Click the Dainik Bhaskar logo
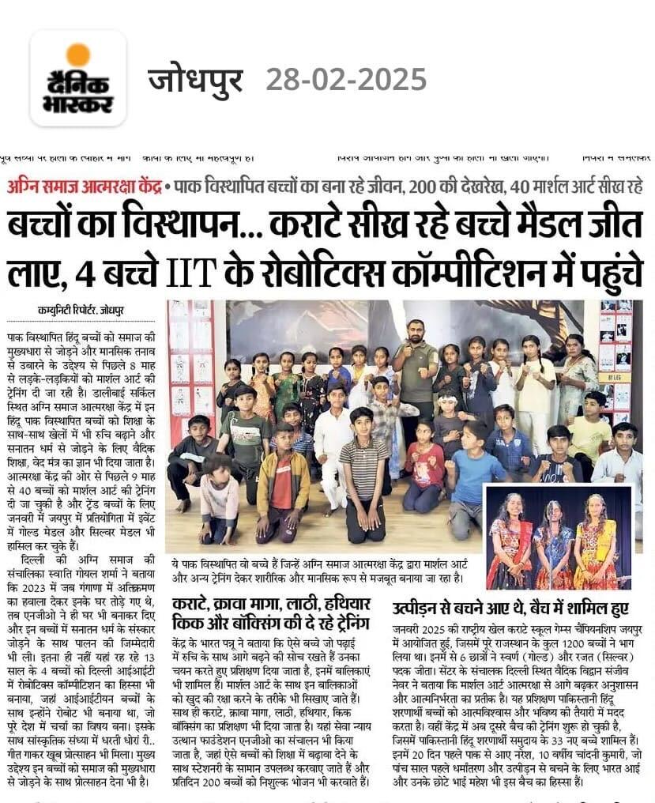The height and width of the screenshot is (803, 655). tap(78, 78)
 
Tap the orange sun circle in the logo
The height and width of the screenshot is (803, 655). tap(78, 55)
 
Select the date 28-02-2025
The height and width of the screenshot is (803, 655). tap(346, 80)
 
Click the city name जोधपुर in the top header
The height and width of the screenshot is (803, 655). tap(194, 80)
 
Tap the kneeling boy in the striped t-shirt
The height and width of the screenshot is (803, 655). tap(364, 466)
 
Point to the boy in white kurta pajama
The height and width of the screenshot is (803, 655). tap(333, 443)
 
